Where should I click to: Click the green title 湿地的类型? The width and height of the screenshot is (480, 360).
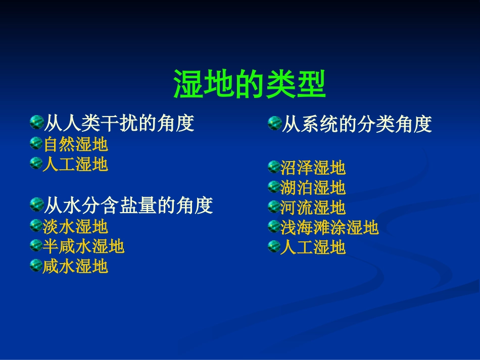250,84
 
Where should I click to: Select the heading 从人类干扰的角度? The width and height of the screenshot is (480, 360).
120,123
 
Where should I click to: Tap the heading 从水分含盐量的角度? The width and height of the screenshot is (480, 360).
129,205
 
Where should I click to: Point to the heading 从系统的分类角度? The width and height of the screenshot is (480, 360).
357,124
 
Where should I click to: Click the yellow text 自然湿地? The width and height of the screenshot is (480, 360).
75,144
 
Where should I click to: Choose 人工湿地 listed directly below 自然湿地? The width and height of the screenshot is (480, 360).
75,165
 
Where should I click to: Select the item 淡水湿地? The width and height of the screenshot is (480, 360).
75,227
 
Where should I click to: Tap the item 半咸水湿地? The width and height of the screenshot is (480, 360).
83,246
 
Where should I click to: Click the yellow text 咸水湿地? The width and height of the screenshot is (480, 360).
75,266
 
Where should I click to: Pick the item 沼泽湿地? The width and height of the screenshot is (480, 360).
313,168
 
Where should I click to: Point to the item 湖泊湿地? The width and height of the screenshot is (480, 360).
313,188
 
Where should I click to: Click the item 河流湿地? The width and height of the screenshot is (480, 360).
313,208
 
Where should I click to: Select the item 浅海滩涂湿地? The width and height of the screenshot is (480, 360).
329,228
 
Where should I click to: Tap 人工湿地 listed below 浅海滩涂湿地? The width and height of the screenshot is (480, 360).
313,247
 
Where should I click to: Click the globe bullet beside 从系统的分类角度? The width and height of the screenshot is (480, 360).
274,123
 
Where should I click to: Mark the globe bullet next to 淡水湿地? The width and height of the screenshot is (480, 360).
36,226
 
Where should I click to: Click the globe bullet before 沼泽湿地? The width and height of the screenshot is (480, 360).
273,167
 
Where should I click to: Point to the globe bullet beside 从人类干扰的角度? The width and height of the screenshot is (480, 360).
37,122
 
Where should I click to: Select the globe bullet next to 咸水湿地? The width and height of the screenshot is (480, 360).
36,265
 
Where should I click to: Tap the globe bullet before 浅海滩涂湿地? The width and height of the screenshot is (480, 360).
273,227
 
